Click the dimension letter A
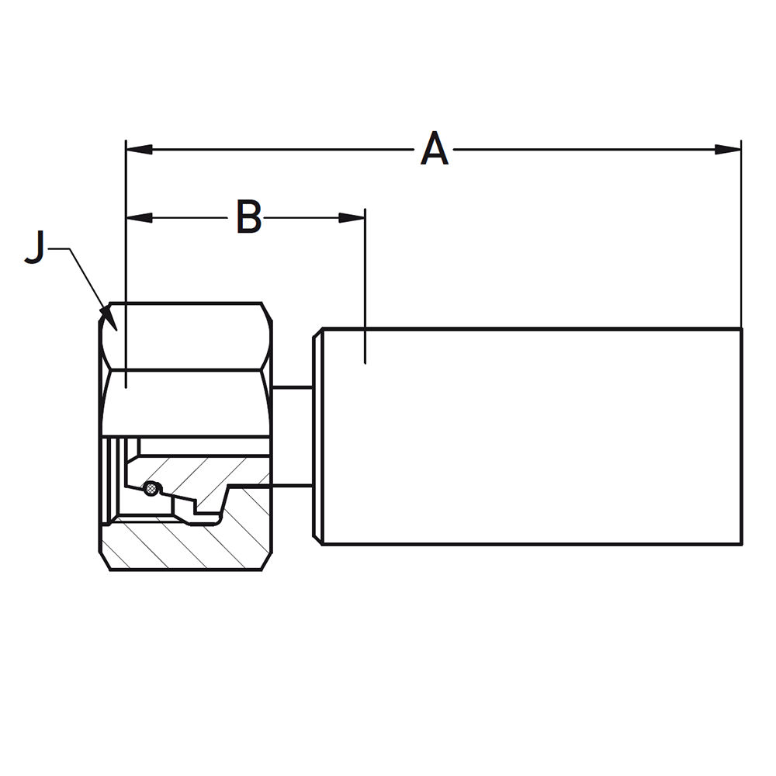click(x=435, y=148)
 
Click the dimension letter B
click(x=249, y=217)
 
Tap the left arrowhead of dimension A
click(x=139, y=149)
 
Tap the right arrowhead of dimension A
click(x=728, y=149)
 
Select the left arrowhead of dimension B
click(x=139, y=217)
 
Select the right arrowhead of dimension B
click(x=352, y=217)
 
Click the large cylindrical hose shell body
click(x=532, y=436)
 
